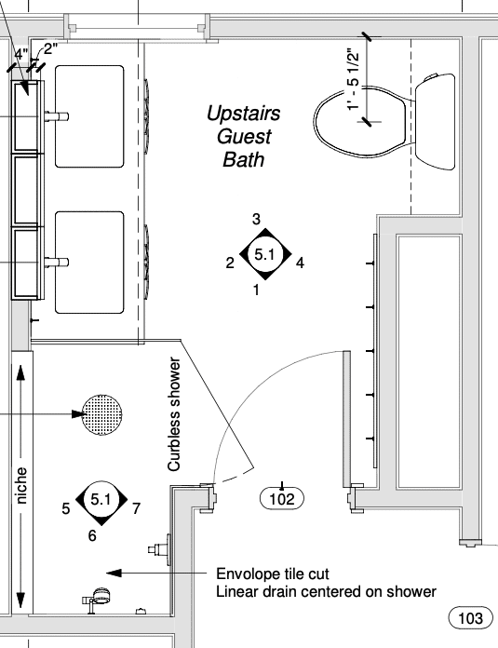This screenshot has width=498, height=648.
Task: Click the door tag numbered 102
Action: click(x=282, y=499)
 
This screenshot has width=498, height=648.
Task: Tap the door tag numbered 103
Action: click(x=471, y=618)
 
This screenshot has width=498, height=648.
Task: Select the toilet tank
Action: click(x=436, y=121)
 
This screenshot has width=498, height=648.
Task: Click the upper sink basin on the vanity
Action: click(x=89, y=116)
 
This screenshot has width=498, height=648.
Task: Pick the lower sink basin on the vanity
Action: click(x=89, y=263)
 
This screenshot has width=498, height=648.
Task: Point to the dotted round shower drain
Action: click(x=102, y=414)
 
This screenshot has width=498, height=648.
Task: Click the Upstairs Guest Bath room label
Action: click(x=244, y=136)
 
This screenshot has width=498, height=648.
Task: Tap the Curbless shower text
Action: click(x=174, y=414)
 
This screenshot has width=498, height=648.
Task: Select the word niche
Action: click(x=21, y=486)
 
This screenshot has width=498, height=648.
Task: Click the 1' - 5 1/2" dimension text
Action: click(x=354, y=80)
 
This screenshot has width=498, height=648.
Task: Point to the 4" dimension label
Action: click(x=21, y=54)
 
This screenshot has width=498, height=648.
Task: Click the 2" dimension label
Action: click(x=50, y=48)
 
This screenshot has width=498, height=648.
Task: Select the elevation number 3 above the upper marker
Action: click(x=256, y=219)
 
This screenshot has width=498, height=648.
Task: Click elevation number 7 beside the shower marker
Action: click(x=137, y=508)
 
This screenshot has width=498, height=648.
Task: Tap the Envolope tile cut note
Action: click(x=273, y=574)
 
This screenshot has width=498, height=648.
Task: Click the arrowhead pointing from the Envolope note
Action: click(x=114, y=573)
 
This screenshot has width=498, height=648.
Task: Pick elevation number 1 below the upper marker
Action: click(x=256, y=290)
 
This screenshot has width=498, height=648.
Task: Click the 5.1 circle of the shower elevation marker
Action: click(x=101, y=500)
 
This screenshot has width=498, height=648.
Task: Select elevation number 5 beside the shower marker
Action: click(x=66, y=508)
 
